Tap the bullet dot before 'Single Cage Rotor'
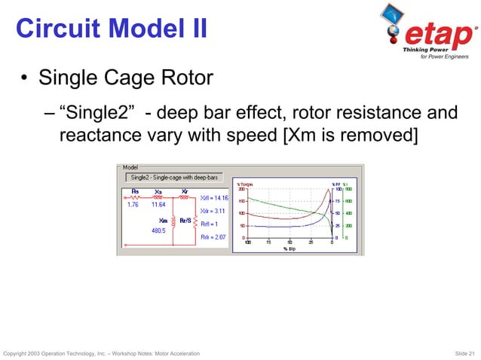(25, 78)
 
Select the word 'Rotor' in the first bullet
(188, 78)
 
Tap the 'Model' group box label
(130, 169)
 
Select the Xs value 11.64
(158, 204)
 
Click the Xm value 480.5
(158, 230)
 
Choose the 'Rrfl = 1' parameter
(210, 224)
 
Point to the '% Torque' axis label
(245, 185)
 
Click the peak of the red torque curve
(327, 191)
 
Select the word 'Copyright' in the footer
(17, 353)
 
